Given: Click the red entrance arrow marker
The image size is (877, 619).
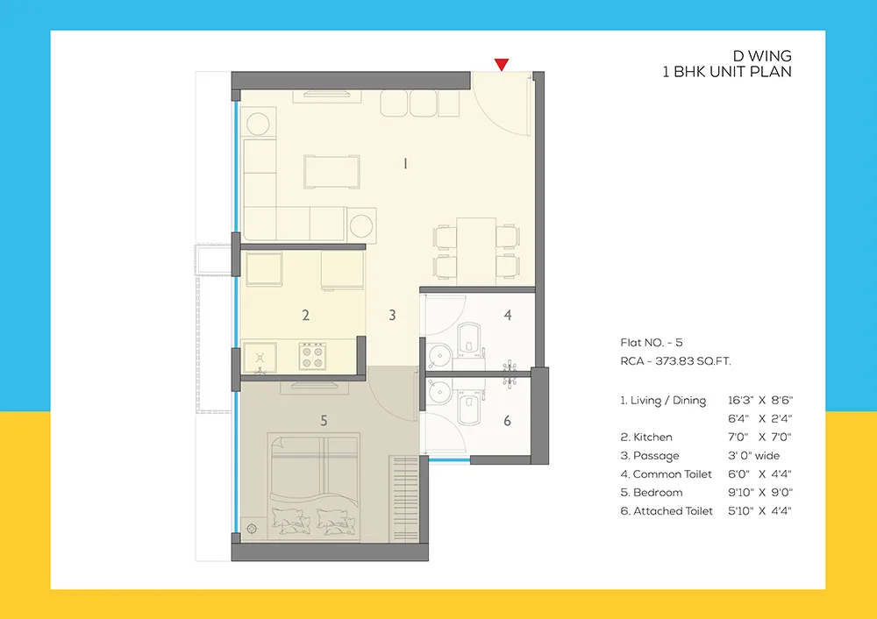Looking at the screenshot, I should (x=501, y=64).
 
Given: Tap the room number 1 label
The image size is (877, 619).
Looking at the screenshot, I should (x=404, y=163).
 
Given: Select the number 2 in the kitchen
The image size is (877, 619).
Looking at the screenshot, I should (x=305, y=315).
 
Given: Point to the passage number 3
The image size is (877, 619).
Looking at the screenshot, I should (x=392, y=315).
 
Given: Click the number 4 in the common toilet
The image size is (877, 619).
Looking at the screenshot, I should (x=507, y=315).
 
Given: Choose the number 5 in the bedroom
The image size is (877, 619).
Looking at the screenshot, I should (x=324, y=421).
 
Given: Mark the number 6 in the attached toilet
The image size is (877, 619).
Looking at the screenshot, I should (x=507, y=421).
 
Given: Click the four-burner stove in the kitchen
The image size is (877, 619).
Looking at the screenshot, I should (x=312, y=356).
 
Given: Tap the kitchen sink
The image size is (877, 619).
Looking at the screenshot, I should (x=259, y=356).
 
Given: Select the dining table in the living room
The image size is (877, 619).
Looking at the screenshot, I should (x=474, y=249).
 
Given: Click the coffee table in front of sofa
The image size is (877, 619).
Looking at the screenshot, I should (x=332, y=171).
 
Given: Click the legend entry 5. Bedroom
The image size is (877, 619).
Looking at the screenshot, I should (x=652, y=493).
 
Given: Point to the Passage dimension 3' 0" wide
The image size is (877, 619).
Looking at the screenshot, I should (x=753, y=456).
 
